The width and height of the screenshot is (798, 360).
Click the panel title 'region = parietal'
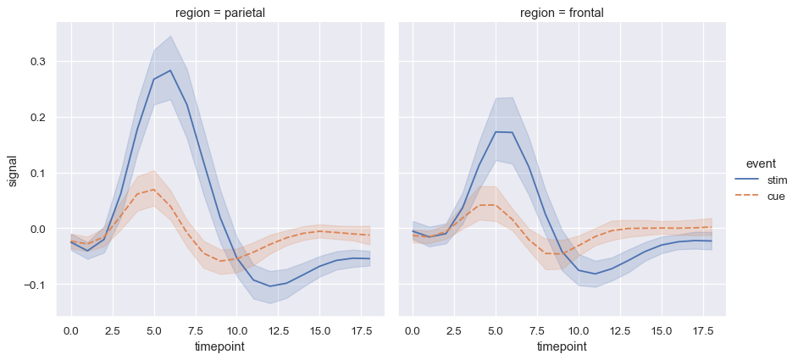220,13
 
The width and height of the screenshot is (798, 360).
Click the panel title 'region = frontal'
562,13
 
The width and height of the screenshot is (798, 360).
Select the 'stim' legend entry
777,180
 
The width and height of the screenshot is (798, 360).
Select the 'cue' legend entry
776,196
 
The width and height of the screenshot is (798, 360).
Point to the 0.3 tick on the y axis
39,62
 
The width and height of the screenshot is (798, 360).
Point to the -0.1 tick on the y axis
37,285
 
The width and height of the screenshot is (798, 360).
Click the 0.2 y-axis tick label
39,118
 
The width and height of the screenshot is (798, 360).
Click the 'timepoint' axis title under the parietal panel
220,346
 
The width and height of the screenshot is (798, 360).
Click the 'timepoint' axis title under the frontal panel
562,346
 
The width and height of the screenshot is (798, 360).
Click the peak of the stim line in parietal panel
170,70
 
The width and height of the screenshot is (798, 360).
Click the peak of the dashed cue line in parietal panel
153,190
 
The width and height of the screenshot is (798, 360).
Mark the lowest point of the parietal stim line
270,286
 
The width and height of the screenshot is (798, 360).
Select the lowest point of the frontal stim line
596,274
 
